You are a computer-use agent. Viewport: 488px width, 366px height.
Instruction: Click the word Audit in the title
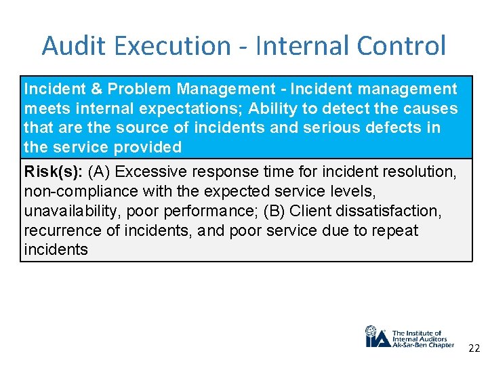point(69,46)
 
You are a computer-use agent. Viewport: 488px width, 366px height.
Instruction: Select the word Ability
point(272,108)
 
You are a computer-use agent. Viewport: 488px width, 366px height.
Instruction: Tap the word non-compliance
point(70,192)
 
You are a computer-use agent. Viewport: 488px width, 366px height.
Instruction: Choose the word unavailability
point(71,211)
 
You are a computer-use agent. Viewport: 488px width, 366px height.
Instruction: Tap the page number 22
point(474,349)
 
